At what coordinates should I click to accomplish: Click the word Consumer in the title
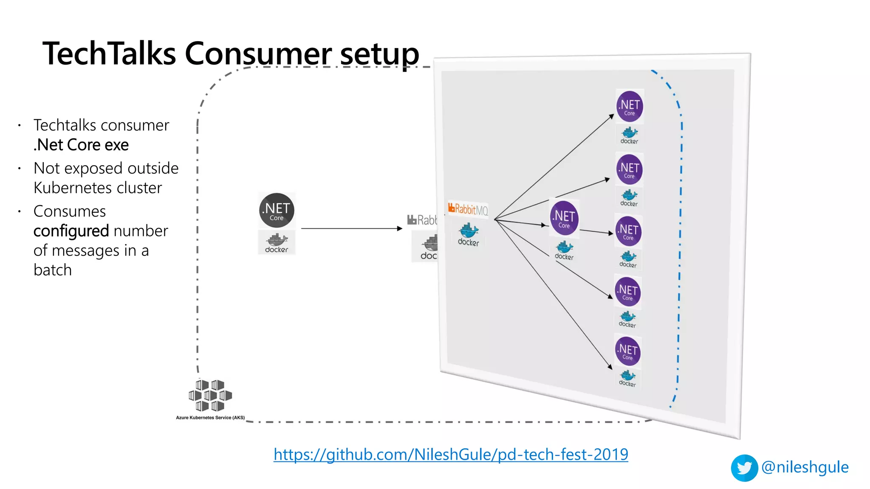point(258,54)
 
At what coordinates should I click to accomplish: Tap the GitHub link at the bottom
point(451,455)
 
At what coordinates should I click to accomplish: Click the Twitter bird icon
point(744,468)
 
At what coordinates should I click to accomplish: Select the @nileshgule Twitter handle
point(805,467)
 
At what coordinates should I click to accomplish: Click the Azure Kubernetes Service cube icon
point(210,395)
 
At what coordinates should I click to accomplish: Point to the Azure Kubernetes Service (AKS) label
point(210,418)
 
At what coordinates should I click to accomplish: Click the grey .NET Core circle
point(277,211)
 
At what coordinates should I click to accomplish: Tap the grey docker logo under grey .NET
point(277,243)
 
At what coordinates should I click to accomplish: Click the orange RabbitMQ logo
point(468,209)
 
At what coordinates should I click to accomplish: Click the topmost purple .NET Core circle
point(630,106)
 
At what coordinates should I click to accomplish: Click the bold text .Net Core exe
point(81,145)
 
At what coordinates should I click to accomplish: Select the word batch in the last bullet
point(53,270)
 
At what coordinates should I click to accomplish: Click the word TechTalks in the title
point(109,54)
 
